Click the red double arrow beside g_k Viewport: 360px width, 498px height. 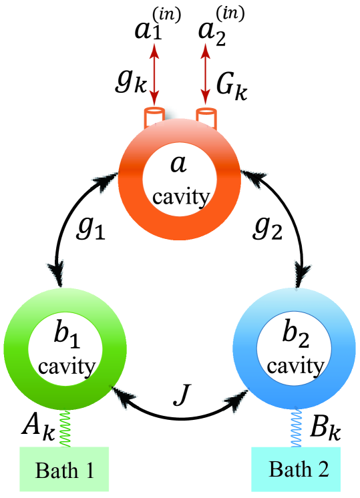coord(155,77)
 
